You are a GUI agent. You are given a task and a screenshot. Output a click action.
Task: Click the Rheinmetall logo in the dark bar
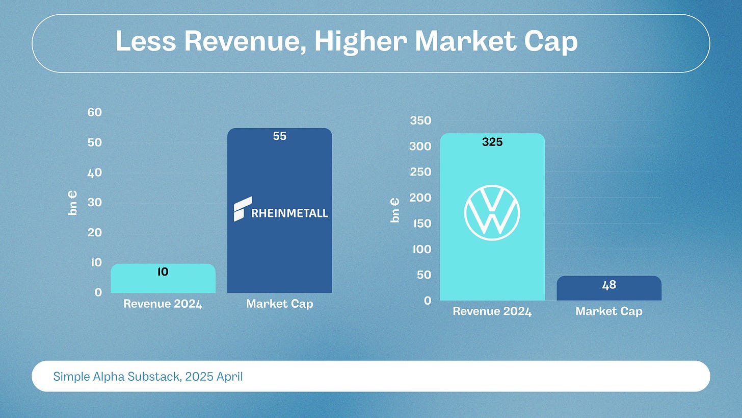[x=281, y=209]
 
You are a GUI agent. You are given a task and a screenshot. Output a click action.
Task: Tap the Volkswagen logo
[x=492, y=213]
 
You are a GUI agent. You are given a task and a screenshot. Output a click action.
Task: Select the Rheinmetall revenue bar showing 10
[x=163, y=278]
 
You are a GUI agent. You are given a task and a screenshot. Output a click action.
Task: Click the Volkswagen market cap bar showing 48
[x=609, y=288]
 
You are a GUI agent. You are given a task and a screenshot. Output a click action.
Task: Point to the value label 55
[x=280, y=136]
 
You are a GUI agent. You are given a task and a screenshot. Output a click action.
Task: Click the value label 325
[x=492, y=142]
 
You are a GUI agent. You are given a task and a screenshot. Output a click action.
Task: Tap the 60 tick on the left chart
[x=95, y=112]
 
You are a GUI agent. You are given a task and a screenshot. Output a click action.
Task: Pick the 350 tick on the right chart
[x=421, y=120]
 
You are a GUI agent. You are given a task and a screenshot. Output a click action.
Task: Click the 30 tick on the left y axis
[x=95, y=202]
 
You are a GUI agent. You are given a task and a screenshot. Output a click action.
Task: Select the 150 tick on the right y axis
[x=422, y=224]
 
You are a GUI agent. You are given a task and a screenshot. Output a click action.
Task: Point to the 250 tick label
[x=421, y=172]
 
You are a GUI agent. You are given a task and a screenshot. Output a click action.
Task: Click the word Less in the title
[x=146, y=41]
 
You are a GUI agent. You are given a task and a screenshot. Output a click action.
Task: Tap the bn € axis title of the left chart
[x=72, y=203]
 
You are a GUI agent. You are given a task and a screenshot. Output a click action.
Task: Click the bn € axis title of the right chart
[x=395, y=210]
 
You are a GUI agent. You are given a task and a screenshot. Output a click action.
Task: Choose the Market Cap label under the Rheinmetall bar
[x=280, y=304]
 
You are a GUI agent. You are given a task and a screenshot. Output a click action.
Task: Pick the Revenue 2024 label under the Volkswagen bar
[x=492, y=311]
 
